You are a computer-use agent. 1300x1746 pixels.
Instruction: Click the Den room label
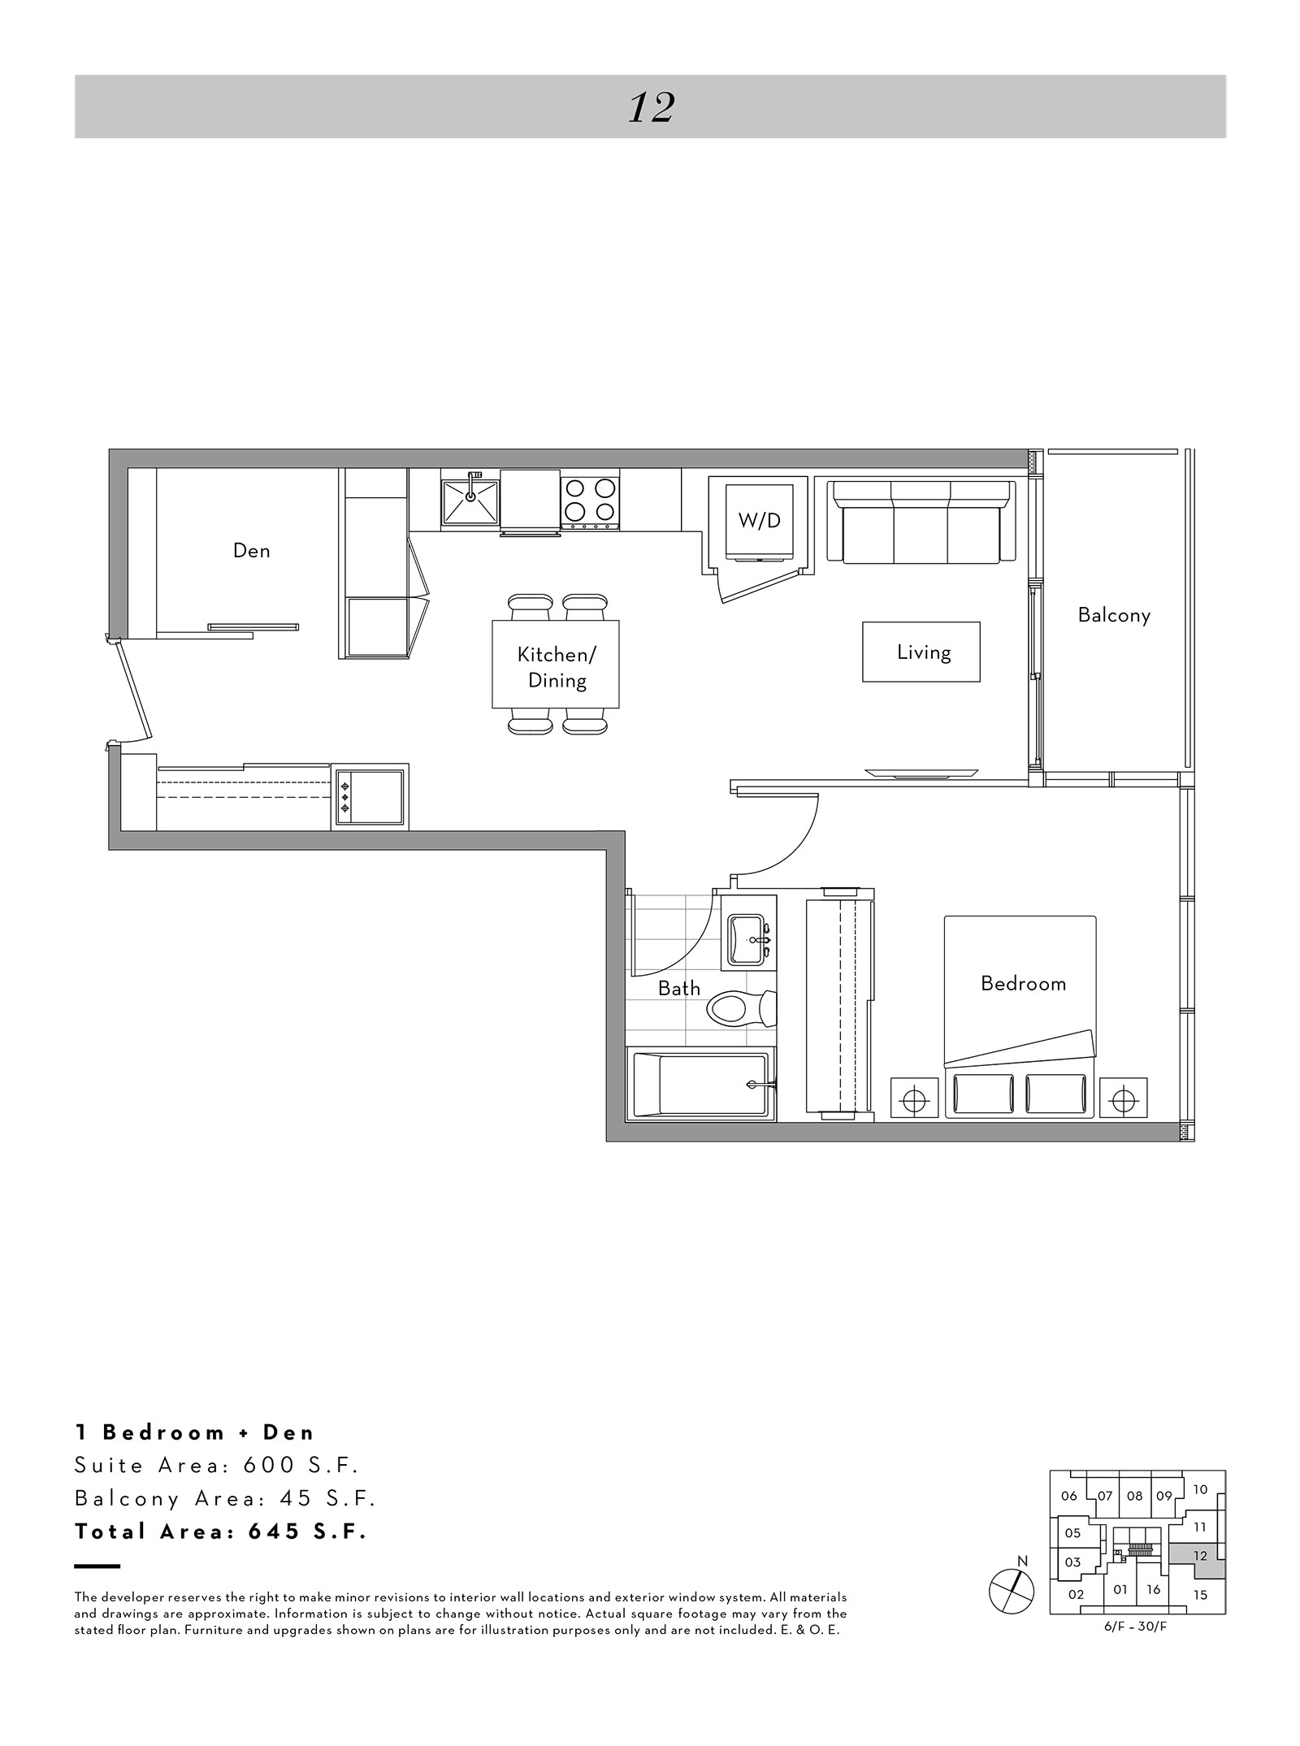[x=251, y=551]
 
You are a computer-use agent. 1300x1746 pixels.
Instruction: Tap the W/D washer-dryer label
[x=759, y=521]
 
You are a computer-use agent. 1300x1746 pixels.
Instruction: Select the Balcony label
[x=1114, y=616]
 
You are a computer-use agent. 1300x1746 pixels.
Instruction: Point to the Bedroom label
[x=1023, y=984]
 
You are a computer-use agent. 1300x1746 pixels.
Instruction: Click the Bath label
[x=678, y=988]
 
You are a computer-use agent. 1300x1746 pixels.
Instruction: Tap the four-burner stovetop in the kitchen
[x=590, y=501]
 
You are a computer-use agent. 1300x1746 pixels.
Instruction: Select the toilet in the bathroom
[x=740, y=1010]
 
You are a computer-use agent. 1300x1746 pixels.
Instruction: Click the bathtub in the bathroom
[x=700, y=1085]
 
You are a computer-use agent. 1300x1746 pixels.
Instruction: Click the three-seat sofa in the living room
[x=921, y=521]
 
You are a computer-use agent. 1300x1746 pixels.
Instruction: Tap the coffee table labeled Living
[x=921, y=652]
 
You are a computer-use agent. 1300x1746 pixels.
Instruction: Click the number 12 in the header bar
[x=651, y=107]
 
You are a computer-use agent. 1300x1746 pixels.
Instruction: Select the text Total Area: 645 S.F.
[x=221, y=1532]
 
